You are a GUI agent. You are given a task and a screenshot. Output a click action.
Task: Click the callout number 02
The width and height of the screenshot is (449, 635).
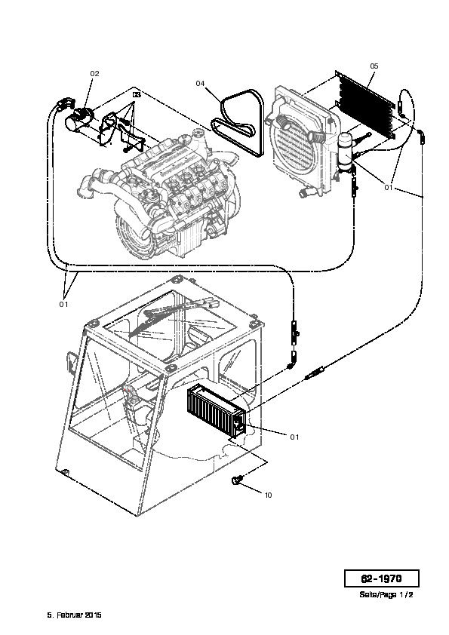[94, 74]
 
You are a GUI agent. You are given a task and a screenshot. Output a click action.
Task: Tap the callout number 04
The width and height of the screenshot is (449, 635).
[200, 84]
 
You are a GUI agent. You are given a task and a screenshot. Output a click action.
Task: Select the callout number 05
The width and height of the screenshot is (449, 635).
[374, 66]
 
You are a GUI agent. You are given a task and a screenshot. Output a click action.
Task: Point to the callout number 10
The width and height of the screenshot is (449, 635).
[268, 495]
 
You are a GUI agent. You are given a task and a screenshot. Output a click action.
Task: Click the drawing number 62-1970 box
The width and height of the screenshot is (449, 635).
[381, 578]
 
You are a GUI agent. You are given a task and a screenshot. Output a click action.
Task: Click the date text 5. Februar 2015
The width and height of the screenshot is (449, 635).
[74, 615]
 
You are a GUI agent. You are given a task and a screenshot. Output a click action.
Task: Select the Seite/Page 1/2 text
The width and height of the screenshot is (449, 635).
[386, 594]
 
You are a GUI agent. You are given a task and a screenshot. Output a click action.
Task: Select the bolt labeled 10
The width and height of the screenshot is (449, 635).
[236, 480]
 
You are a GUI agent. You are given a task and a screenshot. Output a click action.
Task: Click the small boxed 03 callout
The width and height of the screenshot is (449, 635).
[137, 94]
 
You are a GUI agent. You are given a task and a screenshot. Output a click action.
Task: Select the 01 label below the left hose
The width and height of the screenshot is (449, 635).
[63, 304]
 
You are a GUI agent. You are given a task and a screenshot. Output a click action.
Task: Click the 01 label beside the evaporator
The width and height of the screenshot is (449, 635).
[294, 437]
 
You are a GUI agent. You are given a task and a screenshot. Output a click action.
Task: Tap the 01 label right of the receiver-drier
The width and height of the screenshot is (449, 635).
[388, 188]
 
